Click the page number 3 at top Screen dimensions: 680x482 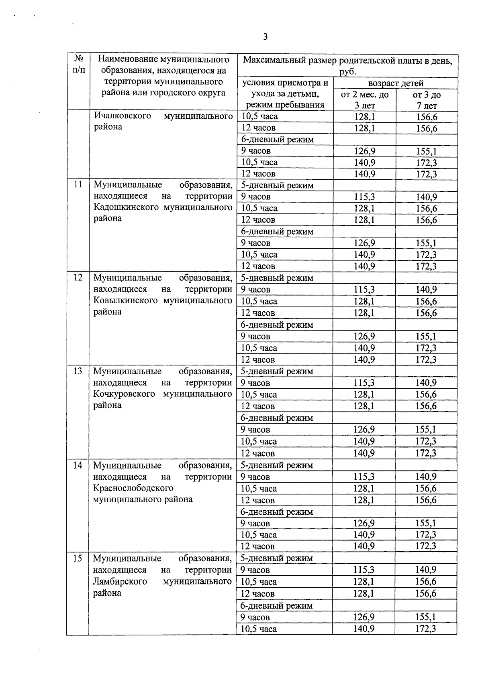[265, 37]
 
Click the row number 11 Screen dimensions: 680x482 [78, 185]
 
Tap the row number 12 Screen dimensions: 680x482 [78, 277]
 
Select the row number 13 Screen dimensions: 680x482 [78, 371]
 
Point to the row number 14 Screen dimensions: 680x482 [78, 465]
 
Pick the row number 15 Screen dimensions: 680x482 [78, 558]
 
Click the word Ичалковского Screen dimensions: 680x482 [123, 116]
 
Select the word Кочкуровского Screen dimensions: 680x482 [124, 394]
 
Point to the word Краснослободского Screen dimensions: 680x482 [133, 488]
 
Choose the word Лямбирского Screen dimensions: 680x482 [120, 581]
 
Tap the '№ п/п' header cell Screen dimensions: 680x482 [79, 65]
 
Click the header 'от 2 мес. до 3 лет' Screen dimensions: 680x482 [364, 100]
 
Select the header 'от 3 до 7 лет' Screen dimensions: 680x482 [427, 100]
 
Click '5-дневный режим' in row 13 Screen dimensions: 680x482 [277, 371]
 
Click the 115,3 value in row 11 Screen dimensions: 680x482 [364, 197]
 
